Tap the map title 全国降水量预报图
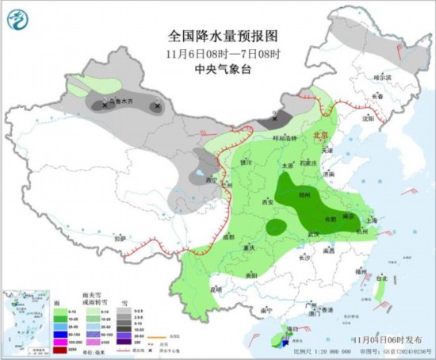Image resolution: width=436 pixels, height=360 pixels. pos(213,36)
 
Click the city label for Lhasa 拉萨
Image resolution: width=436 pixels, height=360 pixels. pos(119,238)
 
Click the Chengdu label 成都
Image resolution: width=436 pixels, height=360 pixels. pos(228,236)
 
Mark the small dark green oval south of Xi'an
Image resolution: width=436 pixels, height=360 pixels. pos(277,227)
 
